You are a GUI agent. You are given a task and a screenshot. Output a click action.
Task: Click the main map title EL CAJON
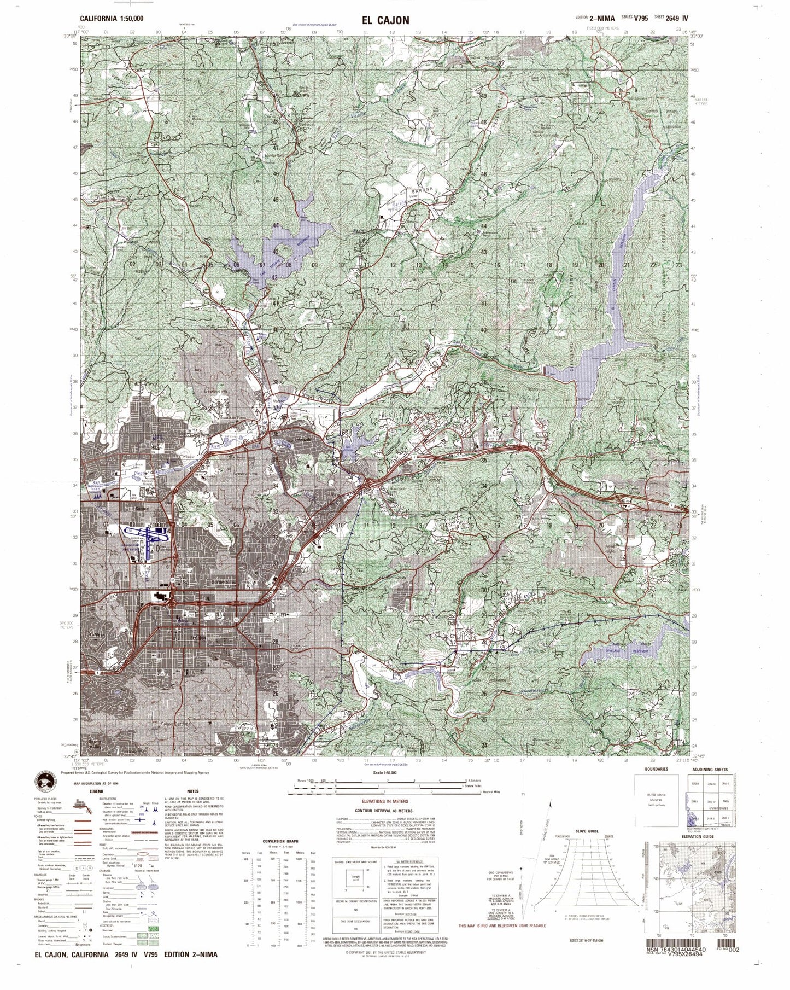385,20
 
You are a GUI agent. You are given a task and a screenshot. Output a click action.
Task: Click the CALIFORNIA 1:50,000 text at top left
112,19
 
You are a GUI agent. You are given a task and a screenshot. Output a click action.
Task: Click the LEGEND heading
96,791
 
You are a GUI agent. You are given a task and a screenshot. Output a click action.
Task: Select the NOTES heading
192,791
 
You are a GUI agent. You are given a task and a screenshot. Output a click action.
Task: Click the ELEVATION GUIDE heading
701,837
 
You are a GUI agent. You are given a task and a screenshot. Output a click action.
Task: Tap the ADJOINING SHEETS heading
709,770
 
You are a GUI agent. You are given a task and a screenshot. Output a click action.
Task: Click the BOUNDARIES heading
649,770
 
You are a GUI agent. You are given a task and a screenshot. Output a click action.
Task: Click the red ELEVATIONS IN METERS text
393,801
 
